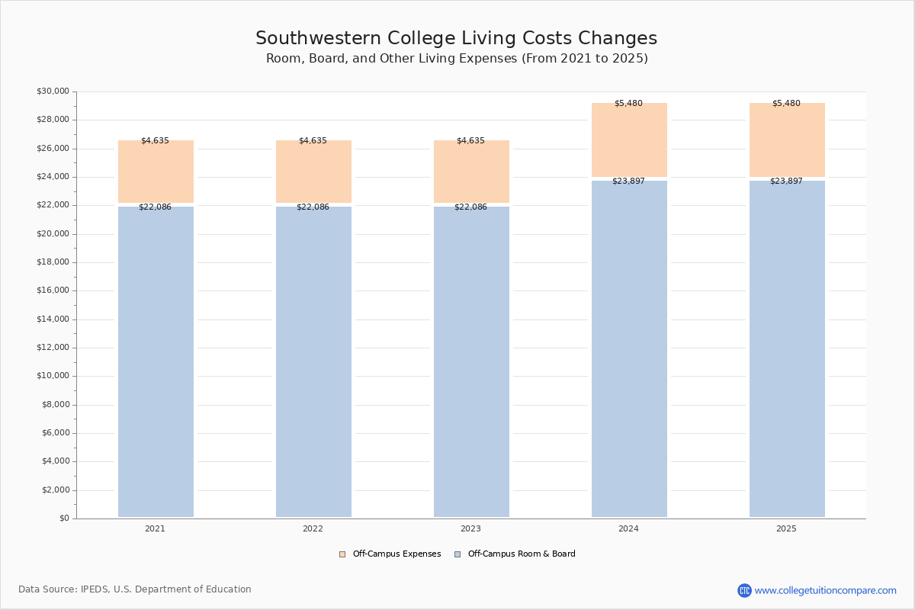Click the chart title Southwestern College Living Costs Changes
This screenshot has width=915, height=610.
456,39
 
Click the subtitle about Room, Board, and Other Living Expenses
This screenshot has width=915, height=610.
457,59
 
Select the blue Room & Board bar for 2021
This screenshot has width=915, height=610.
156,362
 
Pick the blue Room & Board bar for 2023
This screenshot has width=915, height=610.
471,362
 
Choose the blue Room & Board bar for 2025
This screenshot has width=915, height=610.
787,349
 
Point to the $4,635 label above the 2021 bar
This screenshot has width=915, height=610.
155,141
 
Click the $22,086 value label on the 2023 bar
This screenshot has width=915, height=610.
470,207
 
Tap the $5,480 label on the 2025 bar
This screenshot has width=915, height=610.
786,104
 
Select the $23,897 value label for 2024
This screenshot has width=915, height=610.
628,181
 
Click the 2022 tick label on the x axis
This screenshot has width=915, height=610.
313,529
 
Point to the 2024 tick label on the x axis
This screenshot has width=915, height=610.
628,529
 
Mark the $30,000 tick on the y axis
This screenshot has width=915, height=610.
53,91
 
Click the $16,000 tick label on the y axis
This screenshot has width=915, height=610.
53,291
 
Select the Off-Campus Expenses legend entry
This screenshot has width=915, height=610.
390,554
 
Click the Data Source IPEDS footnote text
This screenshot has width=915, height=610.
135,589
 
